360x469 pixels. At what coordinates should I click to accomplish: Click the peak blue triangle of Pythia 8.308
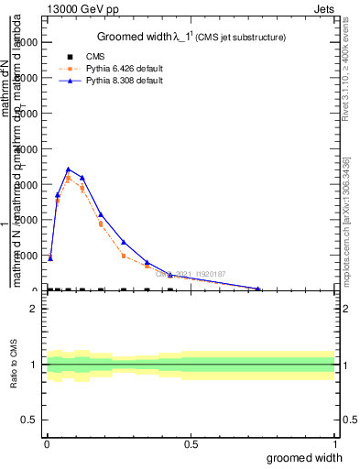pos(69,169)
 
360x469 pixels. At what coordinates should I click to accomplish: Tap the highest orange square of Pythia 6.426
pos(69,179)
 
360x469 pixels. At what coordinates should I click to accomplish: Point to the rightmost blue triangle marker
pos(259,289)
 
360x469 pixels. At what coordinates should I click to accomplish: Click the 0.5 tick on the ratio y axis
pos(29,420)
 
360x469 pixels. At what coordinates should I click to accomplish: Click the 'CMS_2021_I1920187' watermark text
pos(191,274)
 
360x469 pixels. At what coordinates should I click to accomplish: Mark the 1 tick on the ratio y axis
pos(33,365)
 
